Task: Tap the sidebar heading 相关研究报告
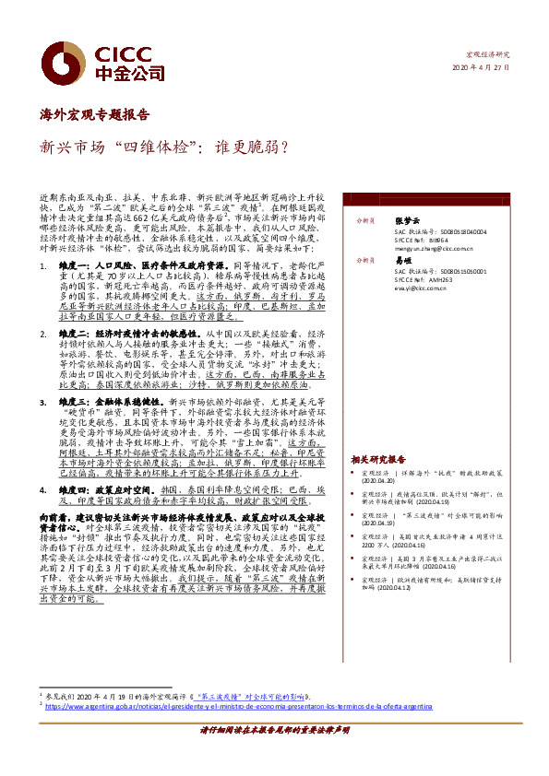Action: pyautogui.click(x=377, y=459)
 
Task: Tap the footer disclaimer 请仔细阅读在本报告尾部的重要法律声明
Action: pyautogui.click(x=274, y=754)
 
